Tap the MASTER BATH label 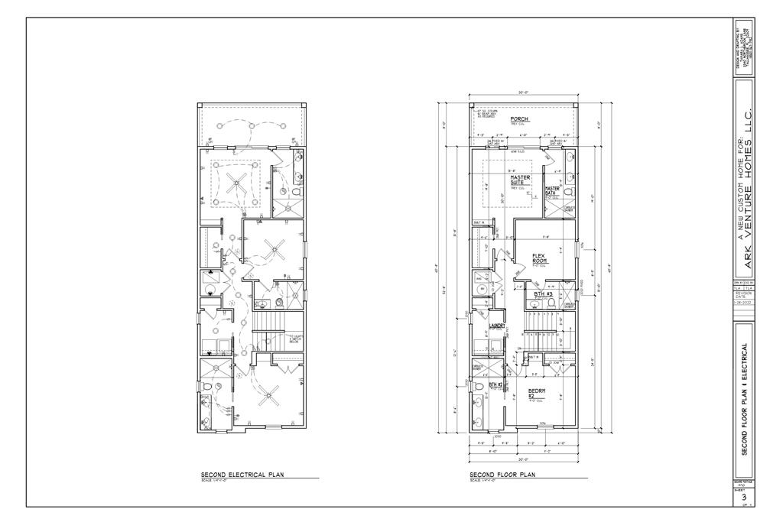[x=553, y=190]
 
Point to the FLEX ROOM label [x=538, y=258]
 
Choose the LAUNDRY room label [x=497, y=326]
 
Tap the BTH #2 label [x=495, y=384]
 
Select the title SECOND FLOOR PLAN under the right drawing [x=502, y=475]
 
